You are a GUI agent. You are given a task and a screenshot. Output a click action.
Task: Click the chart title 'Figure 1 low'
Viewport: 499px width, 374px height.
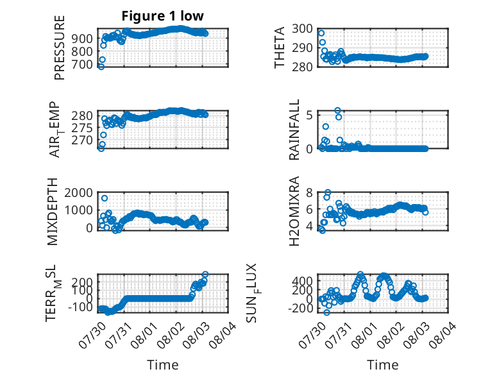pos(162,16)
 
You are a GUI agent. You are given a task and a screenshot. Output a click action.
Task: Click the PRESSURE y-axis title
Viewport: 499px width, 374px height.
pos(60,47)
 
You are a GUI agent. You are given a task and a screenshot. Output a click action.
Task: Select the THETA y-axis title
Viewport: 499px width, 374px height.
pos(280,47)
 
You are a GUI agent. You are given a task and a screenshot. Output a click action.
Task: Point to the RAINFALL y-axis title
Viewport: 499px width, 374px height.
pos(294,130)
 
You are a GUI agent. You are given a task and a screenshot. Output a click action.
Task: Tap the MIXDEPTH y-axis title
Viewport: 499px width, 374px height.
pos(53,212)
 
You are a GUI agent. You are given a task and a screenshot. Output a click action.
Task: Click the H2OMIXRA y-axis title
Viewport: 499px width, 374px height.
pos(294,211)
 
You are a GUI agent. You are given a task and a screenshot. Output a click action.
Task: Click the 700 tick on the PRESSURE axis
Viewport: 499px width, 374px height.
pos(82,64)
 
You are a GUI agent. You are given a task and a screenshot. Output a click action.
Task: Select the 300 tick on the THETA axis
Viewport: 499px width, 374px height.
pos(302,29)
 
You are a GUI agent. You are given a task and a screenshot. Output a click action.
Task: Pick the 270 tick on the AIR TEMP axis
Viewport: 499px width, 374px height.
pos(82,140)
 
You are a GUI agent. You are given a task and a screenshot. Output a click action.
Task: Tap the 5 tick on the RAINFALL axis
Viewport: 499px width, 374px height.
pos(309,115)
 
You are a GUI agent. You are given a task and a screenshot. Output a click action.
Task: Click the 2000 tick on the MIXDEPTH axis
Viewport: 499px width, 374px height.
pos(78,192)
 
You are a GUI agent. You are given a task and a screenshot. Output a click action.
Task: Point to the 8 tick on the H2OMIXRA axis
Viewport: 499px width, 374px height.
pos(309,192)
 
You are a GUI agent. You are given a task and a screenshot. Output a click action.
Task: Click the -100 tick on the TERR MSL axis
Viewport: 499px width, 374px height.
pos(80,307)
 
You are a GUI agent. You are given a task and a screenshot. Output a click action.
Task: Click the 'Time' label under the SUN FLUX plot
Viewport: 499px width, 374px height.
pos(382,365)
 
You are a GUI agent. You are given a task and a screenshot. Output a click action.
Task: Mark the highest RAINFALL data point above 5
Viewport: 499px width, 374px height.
pos(337,110)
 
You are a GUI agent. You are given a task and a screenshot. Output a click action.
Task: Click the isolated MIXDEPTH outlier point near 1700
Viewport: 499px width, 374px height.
pos(105,198)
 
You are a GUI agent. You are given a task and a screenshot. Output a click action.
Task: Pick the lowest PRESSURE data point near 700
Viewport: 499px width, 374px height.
pos(101,67)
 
